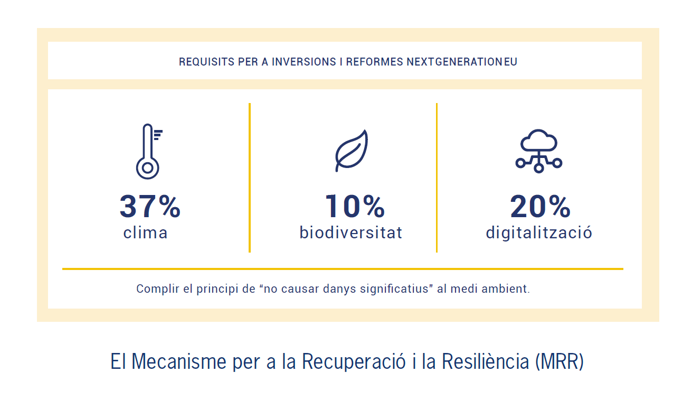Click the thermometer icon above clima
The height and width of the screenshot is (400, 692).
pyautogui.click(x=147, y=152)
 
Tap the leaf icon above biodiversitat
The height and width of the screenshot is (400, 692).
pyautogui.click(x=352, y=151)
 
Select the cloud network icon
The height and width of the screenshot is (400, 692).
pyautogui.click(x=539, y=151)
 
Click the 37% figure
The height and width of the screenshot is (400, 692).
pyautogui.click(x=150, y=206)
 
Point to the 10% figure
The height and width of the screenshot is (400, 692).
pyautogui.click(x=355, y=206)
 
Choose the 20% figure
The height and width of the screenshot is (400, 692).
pyautogui.click(x=540, y=206)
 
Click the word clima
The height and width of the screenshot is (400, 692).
pyautogui.click(x=145, y=232)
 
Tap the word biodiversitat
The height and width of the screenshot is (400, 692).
pyautogui.click(x=351, y=232)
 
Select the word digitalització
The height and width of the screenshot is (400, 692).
pyautogui.click(x=539, y=232)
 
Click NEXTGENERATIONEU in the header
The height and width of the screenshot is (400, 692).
pyautogui.click(x=462, y=62)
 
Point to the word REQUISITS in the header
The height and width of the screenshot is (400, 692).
pyautogui.click(x=207, y=62)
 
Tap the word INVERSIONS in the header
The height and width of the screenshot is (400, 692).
pyautogui.click(x=304, y=62)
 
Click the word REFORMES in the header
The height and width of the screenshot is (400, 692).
pyautogui.click(x=374, y=62)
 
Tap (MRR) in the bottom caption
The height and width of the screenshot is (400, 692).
pyautogui.click(x=560, y=361)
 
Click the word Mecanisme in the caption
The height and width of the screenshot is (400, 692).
pyautogui.click(x=179, y=361)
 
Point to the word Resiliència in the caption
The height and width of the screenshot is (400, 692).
pyautogui.click(x=485, y=361)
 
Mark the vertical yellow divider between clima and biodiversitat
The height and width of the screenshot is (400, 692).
pyautogui.click(x=250, y=178)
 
